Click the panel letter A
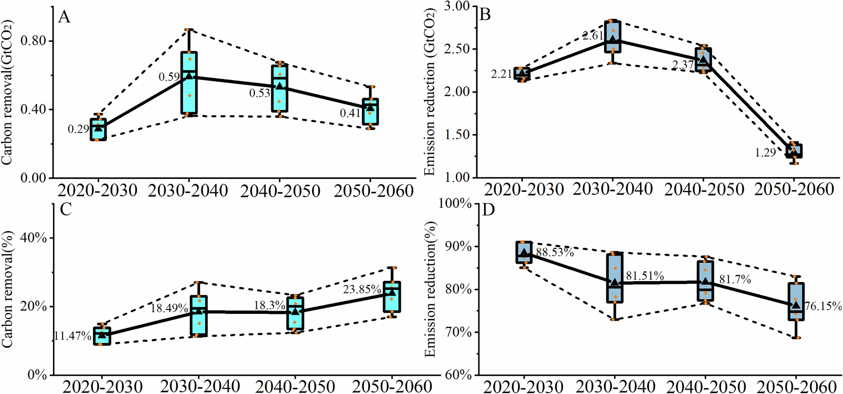(x=64, y=17)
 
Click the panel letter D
(x=488, y=211)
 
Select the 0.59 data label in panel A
(x=169, y=77)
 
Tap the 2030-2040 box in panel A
(x=189, y=83)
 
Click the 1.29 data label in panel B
(x=765, y=153)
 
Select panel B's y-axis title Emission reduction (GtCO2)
(x=430, y=92)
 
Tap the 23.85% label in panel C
(x=361, y=290)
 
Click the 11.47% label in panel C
(x=72, y=336)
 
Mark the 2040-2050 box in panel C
(x=295, y=313)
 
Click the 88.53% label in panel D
(x=554, y=252)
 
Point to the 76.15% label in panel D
(x=823, y=306)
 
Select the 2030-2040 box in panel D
(x=615, y=277)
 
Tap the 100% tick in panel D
(x=455, y=204)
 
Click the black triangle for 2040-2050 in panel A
(x=279, y=86)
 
